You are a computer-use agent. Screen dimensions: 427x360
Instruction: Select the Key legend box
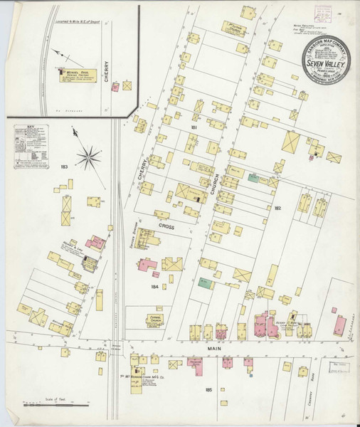[x=31, y=145]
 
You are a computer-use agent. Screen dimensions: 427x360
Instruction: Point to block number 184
[x=154, y=286]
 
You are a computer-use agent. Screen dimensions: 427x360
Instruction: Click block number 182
[x=278, y=208]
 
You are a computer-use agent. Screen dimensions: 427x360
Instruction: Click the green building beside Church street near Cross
[x=253, y=178]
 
